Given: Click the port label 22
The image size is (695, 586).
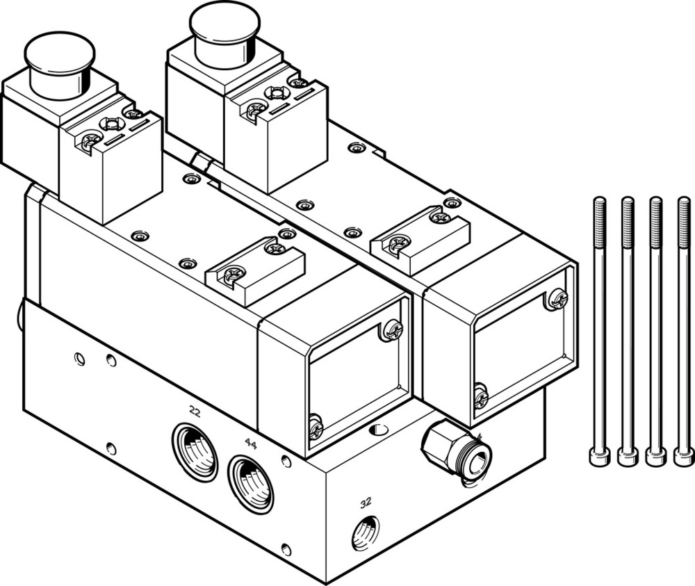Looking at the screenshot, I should click(x=195, y=412).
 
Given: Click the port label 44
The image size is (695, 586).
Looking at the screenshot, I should click(x=250, y=443).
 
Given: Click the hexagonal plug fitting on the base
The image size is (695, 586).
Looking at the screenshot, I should click(x=455, y=450).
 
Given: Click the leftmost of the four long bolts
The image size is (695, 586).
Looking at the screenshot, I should click(x=600, y=327).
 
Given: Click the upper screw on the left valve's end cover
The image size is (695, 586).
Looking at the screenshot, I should click(x=392, y=329).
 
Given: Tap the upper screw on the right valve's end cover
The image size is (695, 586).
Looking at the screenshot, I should click(x=557, y=299).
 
